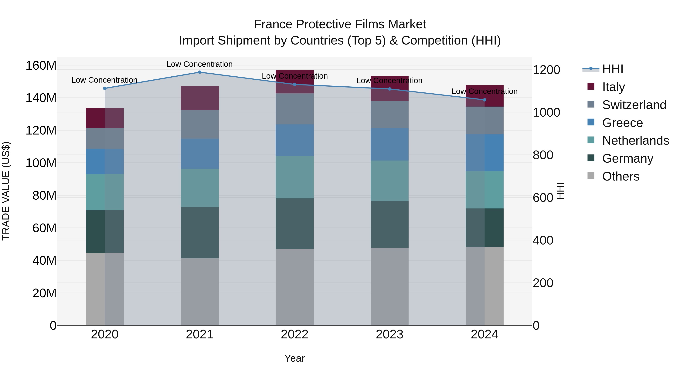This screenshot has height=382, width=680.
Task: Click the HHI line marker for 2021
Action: [x=200, y=72]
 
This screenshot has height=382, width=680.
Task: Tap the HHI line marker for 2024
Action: [x=484, y=100]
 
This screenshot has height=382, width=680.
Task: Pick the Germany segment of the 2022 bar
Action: [x=295, y=224]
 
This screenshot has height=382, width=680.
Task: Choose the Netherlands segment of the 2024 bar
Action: [x=484, y=190]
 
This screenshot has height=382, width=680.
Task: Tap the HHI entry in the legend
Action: [x=612, y=69]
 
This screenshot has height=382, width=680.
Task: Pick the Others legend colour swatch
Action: [x=591, y=176]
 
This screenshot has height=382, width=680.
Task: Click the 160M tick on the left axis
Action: [x=41, y=65]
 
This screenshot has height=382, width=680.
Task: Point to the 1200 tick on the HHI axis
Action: [x=546, y=70]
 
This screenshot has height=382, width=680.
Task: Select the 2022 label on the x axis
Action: [x=295, y=334]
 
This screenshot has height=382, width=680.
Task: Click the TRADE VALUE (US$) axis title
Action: [x=6, y=191]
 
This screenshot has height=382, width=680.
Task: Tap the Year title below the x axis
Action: [x=295, y=358]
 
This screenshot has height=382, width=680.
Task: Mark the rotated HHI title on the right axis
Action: [x=560, y=191]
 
